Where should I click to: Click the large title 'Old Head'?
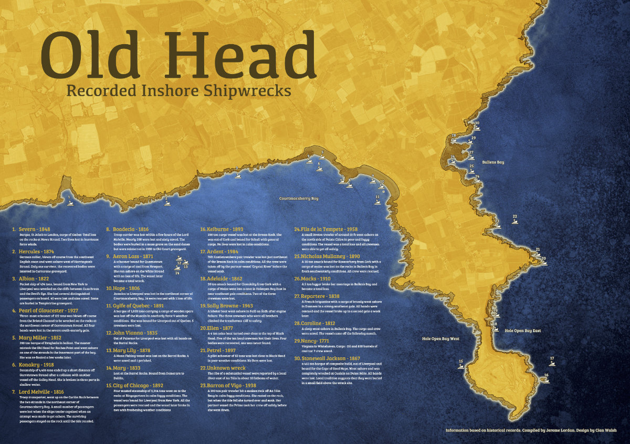pos(178,55)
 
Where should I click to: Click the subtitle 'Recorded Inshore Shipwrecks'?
pos(178,90)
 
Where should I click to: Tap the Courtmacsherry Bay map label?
pos(299,199)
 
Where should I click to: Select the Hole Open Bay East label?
pos(522,331)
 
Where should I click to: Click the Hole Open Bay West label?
pos(440,339)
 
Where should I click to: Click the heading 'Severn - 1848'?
pos(34,230)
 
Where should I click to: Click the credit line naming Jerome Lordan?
pos(531,430)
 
